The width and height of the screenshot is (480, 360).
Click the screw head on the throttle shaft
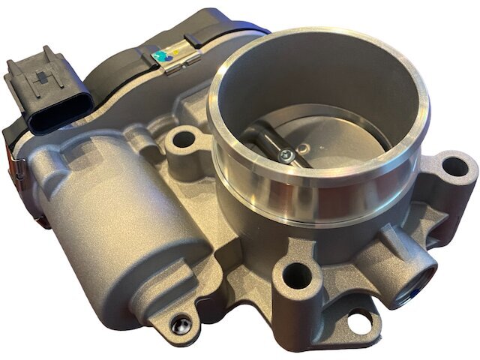click(x=286, y=155)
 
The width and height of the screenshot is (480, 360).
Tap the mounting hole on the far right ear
click(x=454, y=166)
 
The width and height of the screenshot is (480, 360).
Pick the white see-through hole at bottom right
click(x=360, y=322)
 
